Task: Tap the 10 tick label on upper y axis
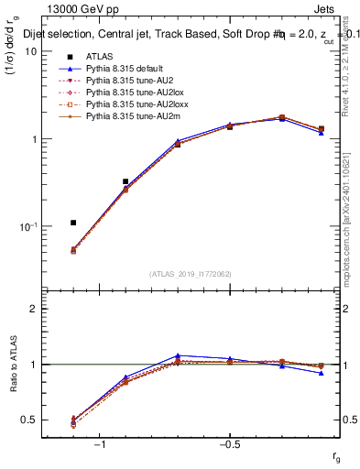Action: pyautogui.click(x=30, y=52)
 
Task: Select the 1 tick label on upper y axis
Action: pyautogui.click(x=33, y=139)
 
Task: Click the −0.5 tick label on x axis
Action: pyautogui.click(x=228, y=444)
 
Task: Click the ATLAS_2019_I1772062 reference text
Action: pyautogui.click(x=190, y=274)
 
